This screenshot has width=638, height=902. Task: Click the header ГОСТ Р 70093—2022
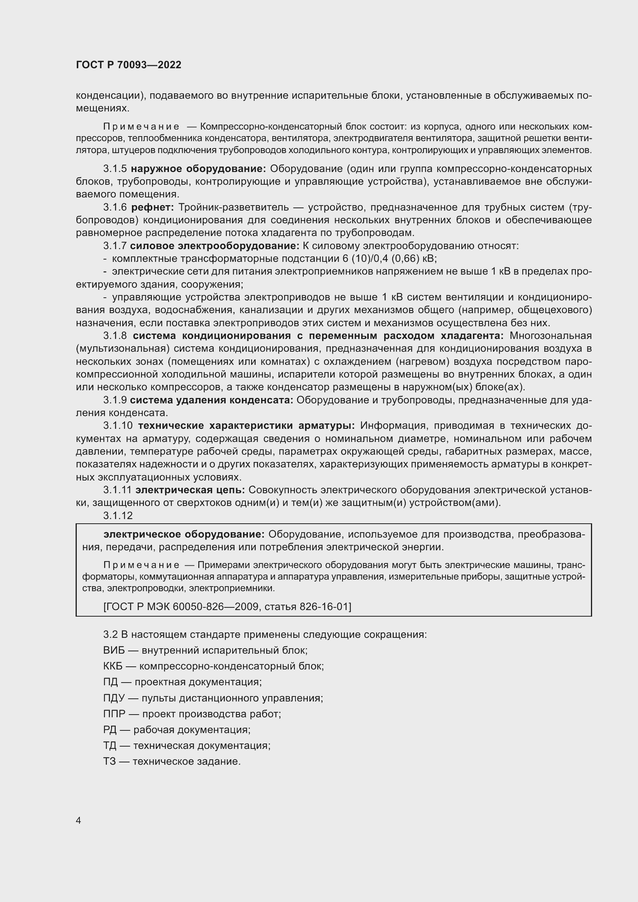coord(128,65)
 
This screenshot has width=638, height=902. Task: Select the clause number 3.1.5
coord(115,169)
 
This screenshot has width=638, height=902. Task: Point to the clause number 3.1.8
coord(115,336)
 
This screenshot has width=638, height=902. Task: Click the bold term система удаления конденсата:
coord(211,400)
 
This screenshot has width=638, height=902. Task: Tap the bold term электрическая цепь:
coord(190,490)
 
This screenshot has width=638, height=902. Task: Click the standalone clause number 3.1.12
coord(118,516)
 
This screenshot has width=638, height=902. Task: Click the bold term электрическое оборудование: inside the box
coord(184,534)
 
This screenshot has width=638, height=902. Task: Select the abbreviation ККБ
coord(113,666)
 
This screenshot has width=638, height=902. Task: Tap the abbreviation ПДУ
coord(113,698)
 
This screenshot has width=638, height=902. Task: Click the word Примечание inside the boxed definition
coord(142,565)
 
